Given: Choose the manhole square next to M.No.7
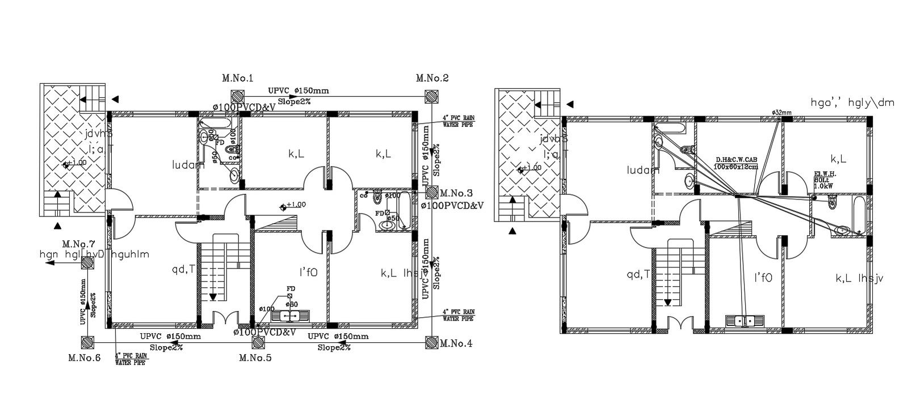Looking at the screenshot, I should coord(87,262).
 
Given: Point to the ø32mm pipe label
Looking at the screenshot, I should coord(781,113).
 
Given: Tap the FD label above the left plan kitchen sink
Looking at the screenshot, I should coord(291,288).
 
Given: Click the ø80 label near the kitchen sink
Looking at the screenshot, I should coord(292,305).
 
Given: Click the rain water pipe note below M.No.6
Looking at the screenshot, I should coord(132,359).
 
